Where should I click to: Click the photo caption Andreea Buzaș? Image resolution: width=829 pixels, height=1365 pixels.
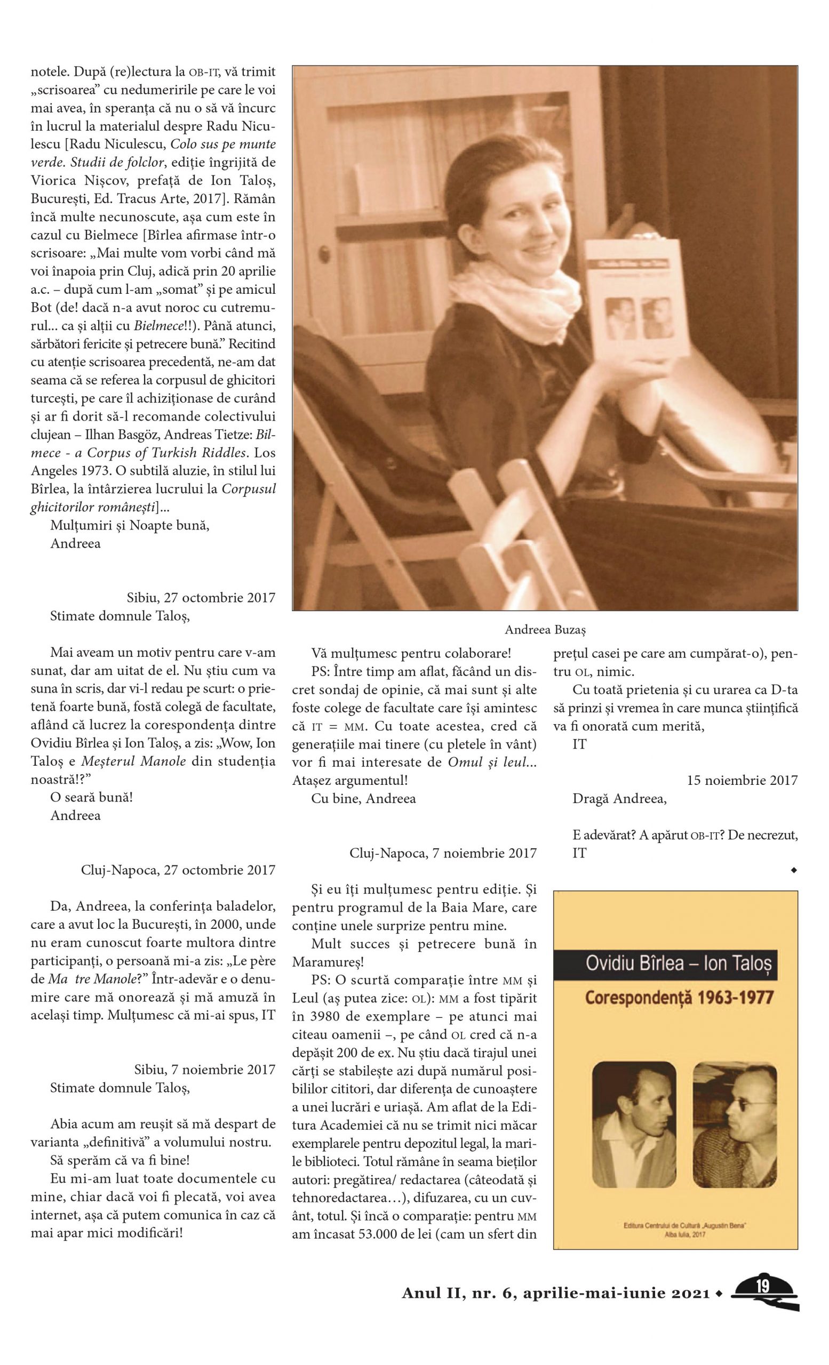coord(545,629)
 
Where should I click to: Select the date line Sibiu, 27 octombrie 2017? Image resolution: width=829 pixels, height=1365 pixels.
coord(201,598)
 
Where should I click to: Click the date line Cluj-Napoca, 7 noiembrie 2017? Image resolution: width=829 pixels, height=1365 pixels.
coord(443,853)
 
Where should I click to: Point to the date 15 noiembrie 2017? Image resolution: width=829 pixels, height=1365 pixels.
coord(742,781)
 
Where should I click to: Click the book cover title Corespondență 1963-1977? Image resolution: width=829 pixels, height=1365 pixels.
coord(678,998)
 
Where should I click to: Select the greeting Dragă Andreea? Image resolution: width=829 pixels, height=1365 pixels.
coord(619,799)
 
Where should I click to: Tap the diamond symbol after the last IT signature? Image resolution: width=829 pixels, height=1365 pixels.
coord(794,871)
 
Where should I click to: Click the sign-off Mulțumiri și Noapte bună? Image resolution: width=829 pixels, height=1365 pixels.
coord(130,525)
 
